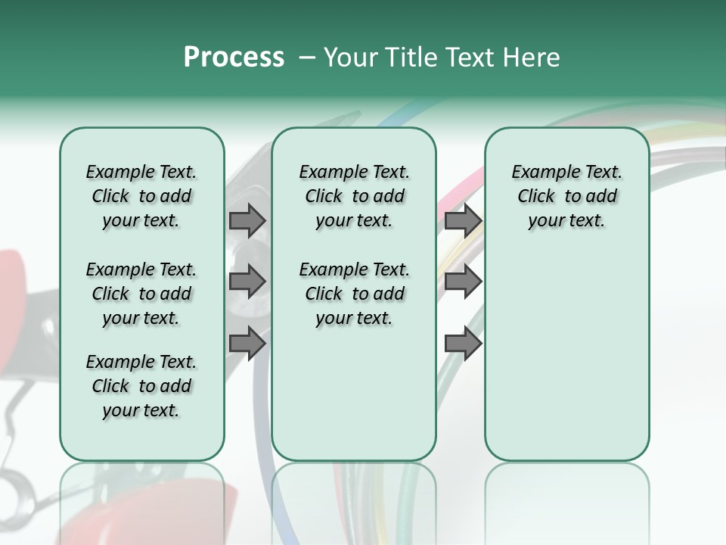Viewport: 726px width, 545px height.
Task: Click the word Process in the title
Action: coord(234,58)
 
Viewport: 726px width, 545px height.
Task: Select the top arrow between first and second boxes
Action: coord(247,220)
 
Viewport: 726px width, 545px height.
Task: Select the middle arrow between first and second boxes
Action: coord(247,281)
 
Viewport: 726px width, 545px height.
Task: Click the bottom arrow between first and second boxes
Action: coord(247,343)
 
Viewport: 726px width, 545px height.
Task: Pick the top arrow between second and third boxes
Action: coord(463,220)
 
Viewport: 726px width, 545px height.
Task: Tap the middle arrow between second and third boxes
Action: coord(463,281)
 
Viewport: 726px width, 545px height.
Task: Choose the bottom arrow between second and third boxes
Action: coord(463,343)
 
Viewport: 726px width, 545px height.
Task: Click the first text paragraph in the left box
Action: coord(141,196)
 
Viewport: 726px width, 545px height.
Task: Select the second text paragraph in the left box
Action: coord(141,294)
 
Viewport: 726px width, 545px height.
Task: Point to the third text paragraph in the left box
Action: coord(141,386)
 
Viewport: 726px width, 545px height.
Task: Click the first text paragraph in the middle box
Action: coord(355,196)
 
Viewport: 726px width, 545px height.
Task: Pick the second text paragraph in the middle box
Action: coord(355,294)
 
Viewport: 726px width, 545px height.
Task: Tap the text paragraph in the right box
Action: coord(567,196)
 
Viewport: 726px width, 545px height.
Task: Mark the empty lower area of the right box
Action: coord(567,356)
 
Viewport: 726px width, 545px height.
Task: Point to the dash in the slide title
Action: coord(307,58)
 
